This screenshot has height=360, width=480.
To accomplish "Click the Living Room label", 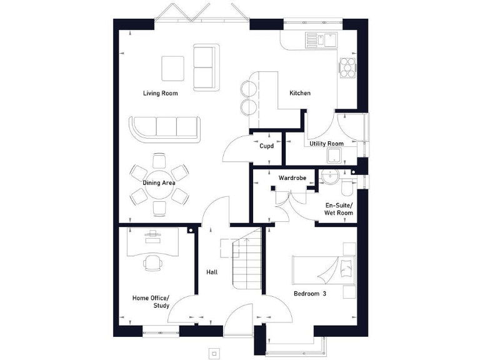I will coord(160,93).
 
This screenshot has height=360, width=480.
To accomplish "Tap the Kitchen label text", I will coord(299,93).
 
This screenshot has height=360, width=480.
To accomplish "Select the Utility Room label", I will coord(326,144).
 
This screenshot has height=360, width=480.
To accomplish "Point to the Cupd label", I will coord(267,146).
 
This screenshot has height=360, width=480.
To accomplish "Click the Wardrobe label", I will coord(292,178).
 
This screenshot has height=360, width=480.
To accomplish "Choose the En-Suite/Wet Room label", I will coord(338,209).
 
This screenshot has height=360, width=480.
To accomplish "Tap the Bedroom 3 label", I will coord(311,293).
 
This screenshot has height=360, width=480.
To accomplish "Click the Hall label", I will coord(212,272).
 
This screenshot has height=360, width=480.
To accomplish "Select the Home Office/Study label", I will coord(151,302).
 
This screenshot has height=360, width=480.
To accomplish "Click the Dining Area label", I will coord(159,183).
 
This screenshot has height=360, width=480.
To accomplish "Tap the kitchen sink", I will coord(320,41).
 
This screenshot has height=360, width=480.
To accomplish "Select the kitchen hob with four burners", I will coord(347,67).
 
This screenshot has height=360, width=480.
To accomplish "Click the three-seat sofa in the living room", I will coord(166,127).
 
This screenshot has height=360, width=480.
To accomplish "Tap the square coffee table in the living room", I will coord(173,67).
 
